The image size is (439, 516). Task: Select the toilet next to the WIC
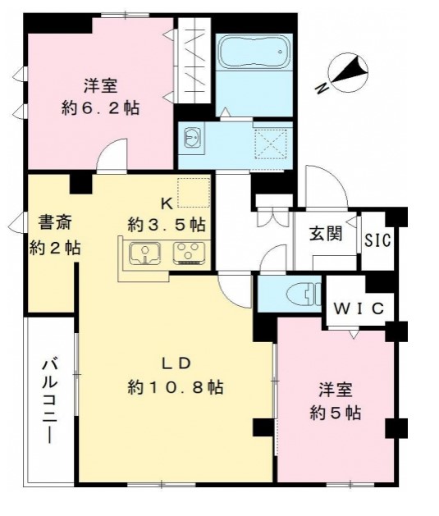point(300,294)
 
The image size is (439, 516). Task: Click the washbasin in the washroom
point(192,139)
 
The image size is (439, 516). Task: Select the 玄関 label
point(326,232)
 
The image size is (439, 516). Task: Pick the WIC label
point(359,309)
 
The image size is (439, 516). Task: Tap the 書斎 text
point(54,222)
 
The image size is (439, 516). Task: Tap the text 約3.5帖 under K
point(166,223)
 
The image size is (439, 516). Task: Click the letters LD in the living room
point(175,363)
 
